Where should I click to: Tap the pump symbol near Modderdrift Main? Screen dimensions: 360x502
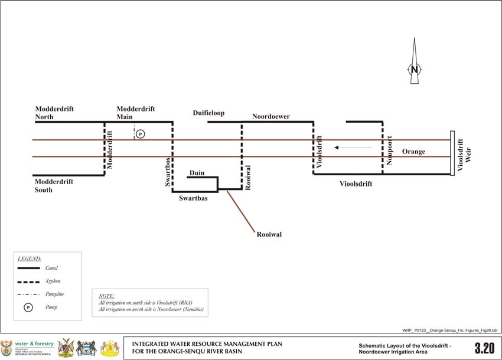tap(140, 134)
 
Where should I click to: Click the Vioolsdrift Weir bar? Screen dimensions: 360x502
tap(452, 152)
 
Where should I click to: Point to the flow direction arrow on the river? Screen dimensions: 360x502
tap(353, 147)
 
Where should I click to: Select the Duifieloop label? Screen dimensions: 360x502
tap(208, 113)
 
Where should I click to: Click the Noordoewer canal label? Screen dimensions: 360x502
tap(270, 116)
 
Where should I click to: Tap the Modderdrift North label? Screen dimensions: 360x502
tap(53, 113)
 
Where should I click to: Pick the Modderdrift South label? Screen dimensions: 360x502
tap(54, 186)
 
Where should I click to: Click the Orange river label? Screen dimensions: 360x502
tap(413, 152)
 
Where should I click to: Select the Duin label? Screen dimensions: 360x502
tap(197, 172)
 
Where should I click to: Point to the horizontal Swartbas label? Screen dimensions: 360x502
tap(193, 198)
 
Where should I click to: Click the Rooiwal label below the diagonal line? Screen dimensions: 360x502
tap(269, 234)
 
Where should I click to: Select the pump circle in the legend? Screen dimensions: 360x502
tap(28, 307)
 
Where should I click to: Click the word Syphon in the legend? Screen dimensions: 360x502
tap(53, 281)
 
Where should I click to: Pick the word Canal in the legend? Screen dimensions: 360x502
tap(51, 268)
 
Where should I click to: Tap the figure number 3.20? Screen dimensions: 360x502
tap(484, 348)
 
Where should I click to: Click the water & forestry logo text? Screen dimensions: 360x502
tap(34, 344)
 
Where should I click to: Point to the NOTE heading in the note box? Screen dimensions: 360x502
tap(106, 296)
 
